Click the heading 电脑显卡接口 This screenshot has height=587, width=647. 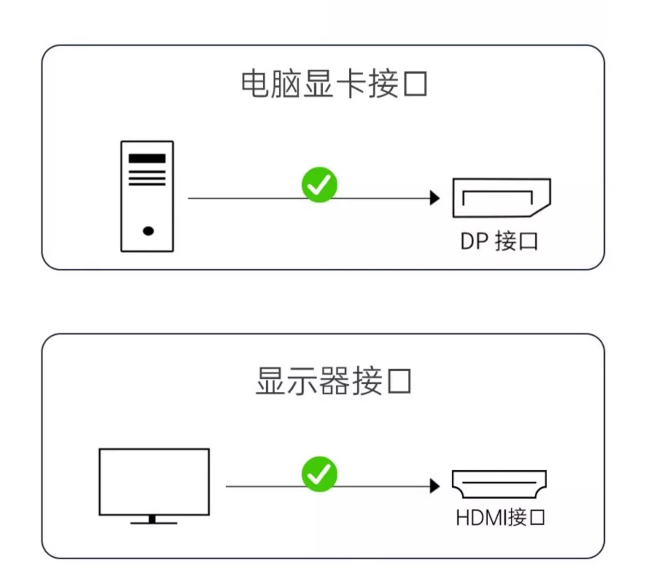pos(333,85)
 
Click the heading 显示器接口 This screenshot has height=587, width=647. pos(333,380)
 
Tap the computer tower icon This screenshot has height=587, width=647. pos(147,196)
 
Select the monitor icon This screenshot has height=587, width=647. pos(154,484)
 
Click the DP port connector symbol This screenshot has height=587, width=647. pos(501,197)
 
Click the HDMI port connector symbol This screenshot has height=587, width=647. pos(499,485)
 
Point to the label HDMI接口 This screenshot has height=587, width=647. pos(499,517)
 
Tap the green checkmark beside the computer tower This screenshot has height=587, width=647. pos(319,184)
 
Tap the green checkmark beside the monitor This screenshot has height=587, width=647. pos(319,473)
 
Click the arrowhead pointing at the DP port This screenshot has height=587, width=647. pos(435,198)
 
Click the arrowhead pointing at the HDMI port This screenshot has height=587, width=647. pos(435,486)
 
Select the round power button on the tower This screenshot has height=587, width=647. pos(148,230)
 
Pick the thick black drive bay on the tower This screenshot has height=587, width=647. pos(147,158)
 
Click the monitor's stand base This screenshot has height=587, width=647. pos(154,522)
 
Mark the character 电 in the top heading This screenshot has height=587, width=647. pos(255,85)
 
